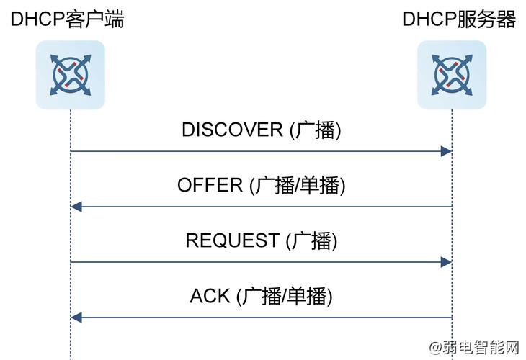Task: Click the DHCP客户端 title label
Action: coord(67,19)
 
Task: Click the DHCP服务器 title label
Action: coord(459,19)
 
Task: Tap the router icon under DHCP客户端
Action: coord(70,75)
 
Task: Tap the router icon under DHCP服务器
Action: coord(452,75)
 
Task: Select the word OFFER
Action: coord(210,185)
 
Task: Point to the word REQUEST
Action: coord(232,240)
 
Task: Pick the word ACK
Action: coord(210,295)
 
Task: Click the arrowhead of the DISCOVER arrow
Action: coord(446,151)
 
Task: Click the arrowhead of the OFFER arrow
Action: coord(76,207)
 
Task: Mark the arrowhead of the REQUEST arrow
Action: coord(446,262)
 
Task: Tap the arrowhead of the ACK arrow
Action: coord(76,318)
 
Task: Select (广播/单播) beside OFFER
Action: coord(298,185)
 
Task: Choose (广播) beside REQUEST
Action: coord(311,240)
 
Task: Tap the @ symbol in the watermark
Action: coord(437,348)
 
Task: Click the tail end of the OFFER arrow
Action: coord(451,207)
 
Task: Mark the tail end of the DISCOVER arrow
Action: coord(71,151)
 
